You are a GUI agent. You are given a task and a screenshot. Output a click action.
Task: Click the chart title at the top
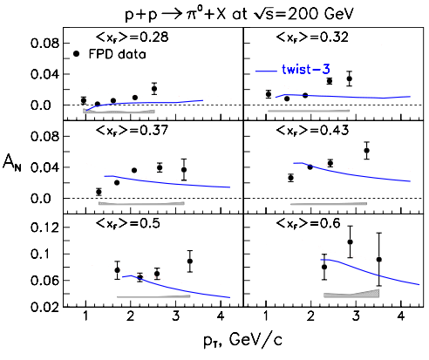239,14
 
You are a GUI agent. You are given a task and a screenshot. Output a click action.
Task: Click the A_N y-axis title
12,163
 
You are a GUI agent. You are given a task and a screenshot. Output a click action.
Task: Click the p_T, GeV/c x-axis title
242,340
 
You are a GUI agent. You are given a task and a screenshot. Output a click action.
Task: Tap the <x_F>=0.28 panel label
132,37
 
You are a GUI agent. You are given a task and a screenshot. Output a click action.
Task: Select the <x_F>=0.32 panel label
312,37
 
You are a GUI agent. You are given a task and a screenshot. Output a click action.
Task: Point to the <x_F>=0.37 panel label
132,131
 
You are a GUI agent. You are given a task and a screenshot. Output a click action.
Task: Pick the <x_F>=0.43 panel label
312,131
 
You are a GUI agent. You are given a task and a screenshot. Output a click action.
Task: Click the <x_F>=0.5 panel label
127,223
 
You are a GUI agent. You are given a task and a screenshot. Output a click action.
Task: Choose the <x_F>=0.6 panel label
308,223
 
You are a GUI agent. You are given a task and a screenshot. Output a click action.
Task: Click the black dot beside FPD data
77,54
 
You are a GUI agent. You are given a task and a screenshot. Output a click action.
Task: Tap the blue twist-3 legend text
306,70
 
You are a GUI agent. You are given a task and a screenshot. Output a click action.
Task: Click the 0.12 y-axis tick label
45,227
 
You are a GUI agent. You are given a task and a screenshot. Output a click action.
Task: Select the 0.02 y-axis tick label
45,307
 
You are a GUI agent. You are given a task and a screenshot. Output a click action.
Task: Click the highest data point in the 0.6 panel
350,241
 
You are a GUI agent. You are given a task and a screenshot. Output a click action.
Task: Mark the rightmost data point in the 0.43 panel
367,150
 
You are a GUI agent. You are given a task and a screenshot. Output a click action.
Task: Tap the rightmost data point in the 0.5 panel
190,261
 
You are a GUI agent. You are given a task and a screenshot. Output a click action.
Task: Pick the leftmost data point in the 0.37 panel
99,192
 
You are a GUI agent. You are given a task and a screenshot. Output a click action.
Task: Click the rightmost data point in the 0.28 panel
154,89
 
